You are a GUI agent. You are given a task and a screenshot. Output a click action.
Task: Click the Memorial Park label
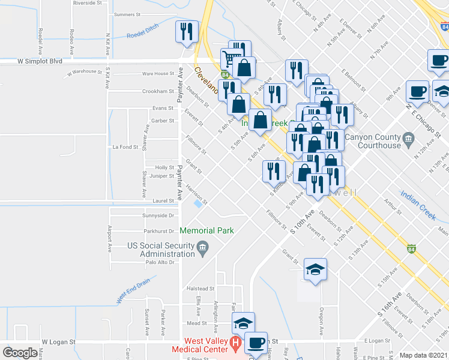coord(206,230)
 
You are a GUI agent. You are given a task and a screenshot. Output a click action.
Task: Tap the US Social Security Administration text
coord(161,250)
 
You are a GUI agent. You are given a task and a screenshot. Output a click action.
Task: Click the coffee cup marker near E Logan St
coord(256,343)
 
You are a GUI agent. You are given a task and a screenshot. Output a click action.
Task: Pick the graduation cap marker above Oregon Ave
coord(315,270)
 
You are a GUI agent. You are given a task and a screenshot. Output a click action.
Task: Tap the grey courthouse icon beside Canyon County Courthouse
coord(409,139)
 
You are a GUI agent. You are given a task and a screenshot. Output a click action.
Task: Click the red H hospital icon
coord(236,344)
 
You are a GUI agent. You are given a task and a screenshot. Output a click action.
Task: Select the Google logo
coord(20,353)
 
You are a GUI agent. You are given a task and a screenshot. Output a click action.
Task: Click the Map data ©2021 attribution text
coord(423,355)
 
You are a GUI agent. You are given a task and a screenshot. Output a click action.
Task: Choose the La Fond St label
coord(125,146)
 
